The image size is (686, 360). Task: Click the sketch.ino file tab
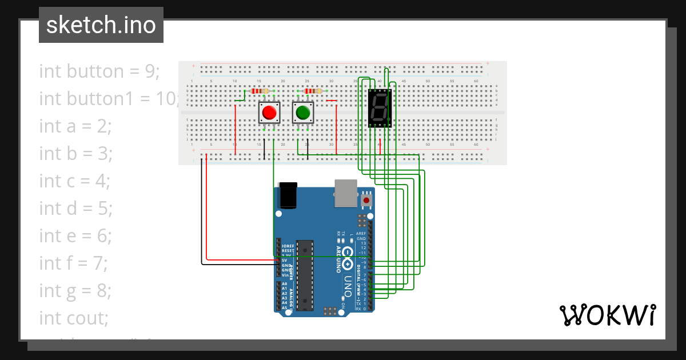[x=101, y=25]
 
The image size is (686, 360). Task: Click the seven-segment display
[x=380, y=108]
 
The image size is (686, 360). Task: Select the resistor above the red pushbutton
[x=260, y=91]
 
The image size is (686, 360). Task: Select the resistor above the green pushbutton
[x=313, y=91]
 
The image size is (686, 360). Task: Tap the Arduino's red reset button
[x=366, y=200]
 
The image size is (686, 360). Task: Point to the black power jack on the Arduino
[x=288, y=195]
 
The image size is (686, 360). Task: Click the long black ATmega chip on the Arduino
[x=305, y=274]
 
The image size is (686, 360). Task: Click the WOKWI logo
[x=607, y=315]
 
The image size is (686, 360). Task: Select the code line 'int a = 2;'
[x=75, y=126]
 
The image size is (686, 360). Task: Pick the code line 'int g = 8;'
[x=75, y=291]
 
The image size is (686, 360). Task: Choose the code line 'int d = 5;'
[x=75, y=209]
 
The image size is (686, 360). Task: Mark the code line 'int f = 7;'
[x=74, y=263]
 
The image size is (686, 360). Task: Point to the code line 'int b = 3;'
[x=75, y=154]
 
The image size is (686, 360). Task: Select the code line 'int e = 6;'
[x=75, y=236]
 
